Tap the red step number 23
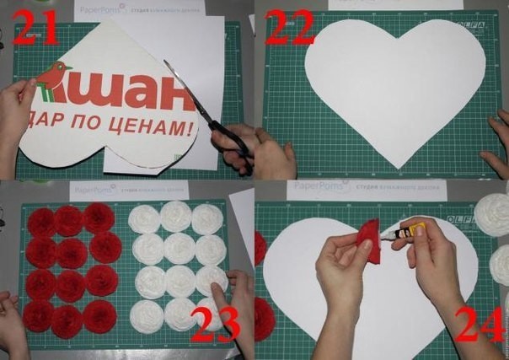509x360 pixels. [x=215, y=324]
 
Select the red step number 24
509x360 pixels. [x=477, y=324]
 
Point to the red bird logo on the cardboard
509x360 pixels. [x=52, y=76]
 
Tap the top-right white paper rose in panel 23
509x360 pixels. [x=207, y=219]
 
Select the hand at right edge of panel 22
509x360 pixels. [x=497, y=143]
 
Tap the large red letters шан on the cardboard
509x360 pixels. [x=135, y=90]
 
